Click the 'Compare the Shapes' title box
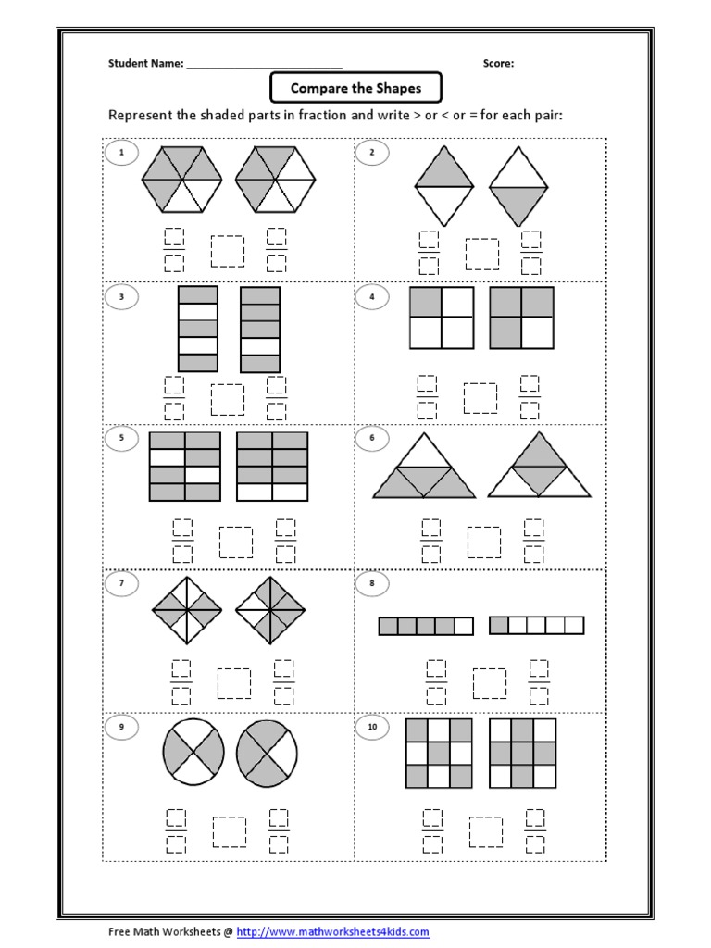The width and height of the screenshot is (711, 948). click(x=355, y=89)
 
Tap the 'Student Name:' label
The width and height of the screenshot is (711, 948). click(x=146, y=64)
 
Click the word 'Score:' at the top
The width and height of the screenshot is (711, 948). click(x=498, y=64)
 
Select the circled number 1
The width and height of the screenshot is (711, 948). click(x=121, y=151)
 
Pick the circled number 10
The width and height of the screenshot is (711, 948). click(x=373, y=728)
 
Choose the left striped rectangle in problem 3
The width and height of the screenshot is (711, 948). click(x=197, y=329)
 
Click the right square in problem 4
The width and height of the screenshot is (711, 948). click(x=521, y=318)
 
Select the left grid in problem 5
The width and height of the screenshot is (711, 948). click(x=185, y=466)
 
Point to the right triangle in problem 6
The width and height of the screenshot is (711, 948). click(x=540, y=466)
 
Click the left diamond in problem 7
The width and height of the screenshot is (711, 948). click(x=184, y=610)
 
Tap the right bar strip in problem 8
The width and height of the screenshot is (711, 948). click(x=536, y=626)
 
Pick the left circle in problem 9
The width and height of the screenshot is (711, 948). click(x=193, y=753)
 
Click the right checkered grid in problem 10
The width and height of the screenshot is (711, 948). click(x=523, y=753)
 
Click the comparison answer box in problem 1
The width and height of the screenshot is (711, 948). click(x=227, y=251)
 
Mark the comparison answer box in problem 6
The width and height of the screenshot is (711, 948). click(x=483, y=542)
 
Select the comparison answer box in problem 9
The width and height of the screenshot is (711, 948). click(x=229, y=831)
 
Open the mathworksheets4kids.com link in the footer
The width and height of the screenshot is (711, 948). click(x=333, y=932)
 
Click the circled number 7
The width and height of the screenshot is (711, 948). click(x=121, y=583)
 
